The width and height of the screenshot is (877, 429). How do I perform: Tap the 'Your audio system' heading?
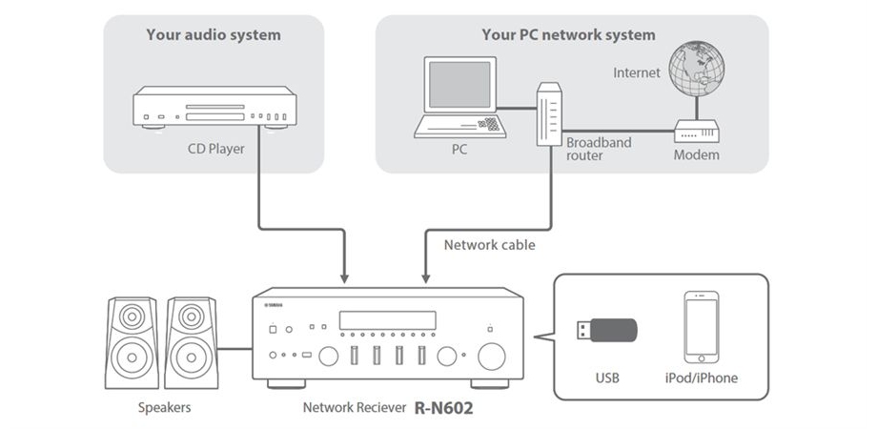tap(214, 35)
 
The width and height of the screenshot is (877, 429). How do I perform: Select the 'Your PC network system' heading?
tap(568, 35)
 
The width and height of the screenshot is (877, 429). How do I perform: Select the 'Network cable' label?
tap(490, 245)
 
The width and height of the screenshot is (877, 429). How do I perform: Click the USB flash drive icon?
tap(606, 330)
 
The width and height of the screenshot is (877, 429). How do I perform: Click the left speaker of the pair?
tap(133, 343)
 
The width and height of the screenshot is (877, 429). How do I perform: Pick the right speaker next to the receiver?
tap(191, 343)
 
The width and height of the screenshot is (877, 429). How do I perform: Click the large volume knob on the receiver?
tap(492, 357)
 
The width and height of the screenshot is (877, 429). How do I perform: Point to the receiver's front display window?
tap(387, 320)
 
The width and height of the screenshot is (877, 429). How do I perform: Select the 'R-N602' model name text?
tap(443, 407)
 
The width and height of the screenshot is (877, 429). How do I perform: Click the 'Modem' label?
tap(696, 154)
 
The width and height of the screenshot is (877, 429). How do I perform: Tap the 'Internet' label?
tap(637, 73)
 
